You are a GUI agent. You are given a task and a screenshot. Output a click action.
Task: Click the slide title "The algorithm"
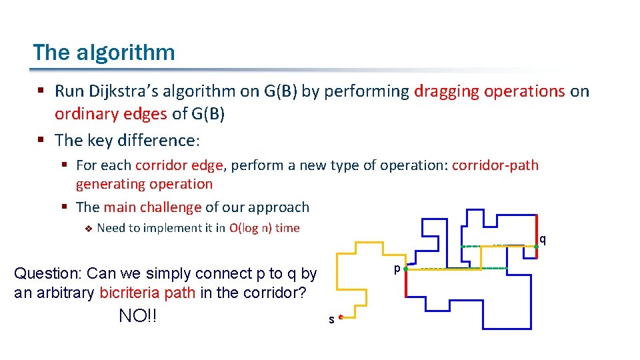tap(104, 52)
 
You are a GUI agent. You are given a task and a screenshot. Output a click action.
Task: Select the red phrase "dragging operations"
tap(489, 91)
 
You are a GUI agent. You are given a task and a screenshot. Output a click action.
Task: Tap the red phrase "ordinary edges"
tap(111, 114)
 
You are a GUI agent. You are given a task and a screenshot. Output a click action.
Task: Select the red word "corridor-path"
tap(495, 165)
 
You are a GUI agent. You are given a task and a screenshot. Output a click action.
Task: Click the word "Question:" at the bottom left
tap(48, 273)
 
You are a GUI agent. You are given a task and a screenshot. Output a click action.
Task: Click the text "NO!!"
tap(138, 316)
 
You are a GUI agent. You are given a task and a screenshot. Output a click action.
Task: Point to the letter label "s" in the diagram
tap(331, 320)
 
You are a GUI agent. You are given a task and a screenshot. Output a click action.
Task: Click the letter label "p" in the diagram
tap(397, 269)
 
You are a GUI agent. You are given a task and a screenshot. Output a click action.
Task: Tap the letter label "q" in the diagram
tap(543, 239)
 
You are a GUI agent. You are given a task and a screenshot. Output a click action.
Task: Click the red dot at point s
tap(341, 318)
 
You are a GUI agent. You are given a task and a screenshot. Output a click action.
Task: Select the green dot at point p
tap(406, 269)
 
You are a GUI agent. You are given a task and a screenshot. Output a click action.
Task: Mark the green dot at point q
tap(536, 247)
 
